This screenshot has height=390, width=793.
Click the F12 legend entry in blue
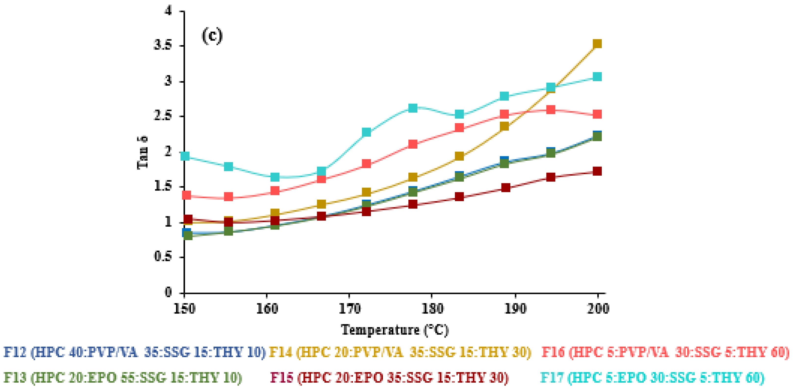[134, 352]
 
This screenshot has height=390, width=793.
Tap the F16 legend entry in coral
[665, 352]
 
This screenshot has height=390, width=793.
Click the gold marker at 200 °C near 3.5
[597, 44]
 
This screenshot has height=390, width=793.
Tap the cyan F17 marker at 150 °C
[185, 156]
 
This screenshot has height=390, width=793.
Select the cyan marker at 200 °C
[597, 77]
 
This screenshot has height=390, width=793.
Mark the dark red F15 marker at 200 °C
[597, 171]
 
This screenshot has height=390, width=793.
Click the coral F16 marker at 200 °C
[597, 114]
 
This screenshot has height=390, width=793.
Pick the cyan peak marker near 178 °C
[413, 108]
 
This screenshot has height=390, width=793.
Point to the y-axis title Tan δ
[142, 153]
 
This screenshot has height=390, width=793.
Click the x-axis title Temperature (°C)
[395, 330]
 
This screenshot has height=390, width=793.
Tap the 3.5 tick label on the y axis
[163, 46]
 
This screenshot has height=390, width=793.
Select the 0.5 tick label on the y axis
[163, 257]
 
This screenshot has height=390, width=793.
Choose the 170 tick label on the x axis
[349, 309]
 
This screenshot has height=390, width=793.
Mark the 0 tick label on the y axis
[168, 292]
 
